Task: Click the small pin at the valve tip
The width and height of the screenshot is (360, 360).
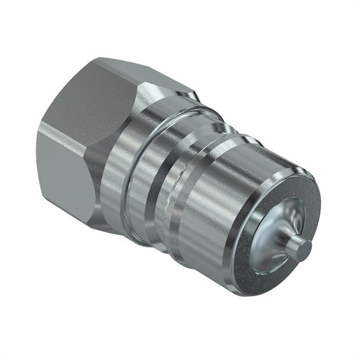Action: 298,247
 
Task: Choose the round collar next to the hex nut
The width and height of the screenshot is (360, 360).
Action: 129,171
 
